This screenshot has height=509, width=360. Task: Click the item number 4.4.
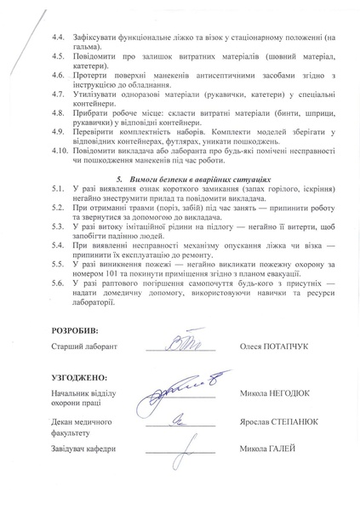click(58, 39)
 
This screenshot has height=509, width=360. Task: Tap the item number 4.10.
click(60, 150)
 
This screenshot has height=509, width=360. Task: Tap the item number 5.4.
click(58, 243)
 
